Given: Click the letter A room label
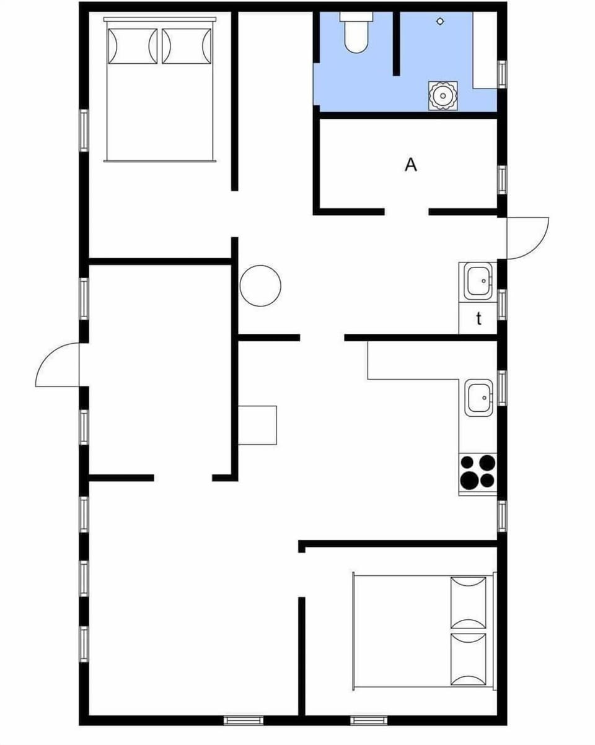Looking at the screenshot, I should coord(410,165).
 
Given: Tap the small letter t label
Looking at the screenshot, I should coord(478,319).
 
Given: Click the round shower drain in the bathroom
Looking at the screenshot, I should coord(440,21).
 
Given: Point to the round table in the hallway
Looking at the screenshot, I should coord(260,285).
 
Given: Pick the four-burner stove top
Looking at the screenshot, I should coord(478,471).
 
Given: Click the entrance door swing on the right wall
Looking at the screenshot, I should coord(527,237).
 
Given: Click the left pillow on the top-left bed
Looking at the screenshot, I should coord(131,46).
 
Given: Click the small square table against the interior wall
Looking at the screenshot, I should coord(257,425).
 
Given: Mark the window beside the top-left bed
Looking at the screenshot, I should coord(84,130).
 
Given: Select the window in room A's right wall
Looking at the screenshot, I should coord(502,180).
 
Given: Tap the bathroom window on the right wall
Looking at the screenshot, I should coord(502,74).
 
